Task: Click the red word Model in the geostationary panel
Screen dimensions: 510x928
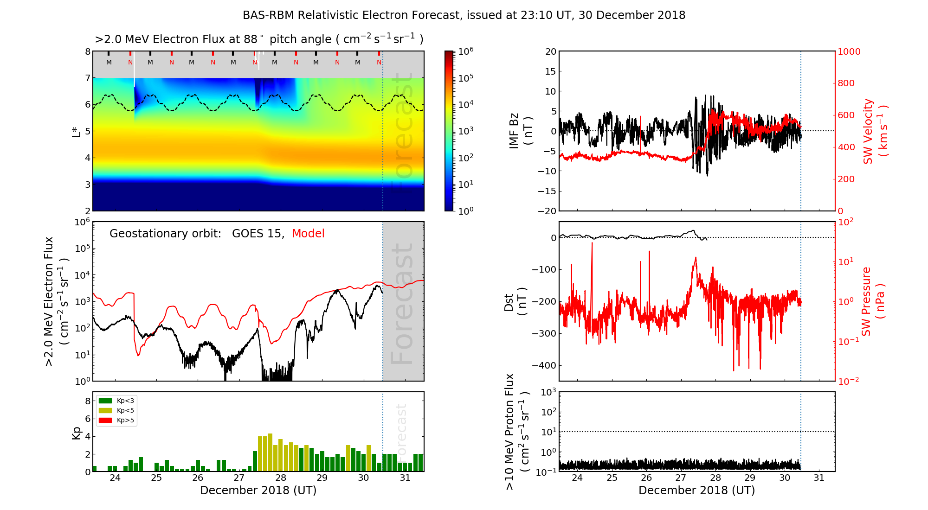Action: click(x=308, y=234)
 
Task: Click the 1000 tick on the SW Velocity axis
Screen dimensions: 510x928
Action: click(x=849, y=52)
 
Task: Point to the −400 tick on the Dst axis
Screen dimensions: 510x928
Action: click(x=544, y=365)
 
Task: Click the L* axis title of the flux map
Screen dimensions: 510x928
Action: click(x=77, y=131)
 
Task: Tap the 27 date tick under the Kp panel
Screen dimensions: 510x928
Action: click(x=239, y=478)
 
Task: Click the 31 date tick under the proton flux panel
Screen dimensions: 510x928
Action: click(x=819, y=478)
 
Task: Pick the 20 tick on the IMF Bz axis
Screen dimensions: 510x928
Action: click(x=550, y=52)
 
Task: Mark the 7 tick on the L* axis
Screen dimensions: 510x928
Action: click(x=87, y=78)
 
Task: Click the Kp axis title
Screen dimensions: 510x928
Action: click(x=77, y=433)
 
